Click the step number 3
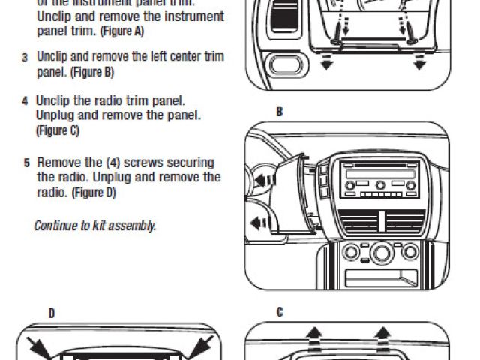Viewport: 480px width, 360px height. click(25, 58)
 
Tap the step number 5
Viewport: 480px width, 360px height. click(26, 163)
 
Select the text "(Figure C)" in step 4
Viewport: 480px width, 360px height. click(58, 131)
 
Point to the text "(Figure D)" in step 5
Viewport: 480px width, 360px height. click(94, 193)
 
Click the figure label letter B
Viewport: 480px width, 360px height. click(280, 112)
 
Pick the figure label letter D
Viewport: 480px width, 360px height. click(51, 313)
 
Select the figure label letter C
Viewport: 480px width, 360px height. click(280, 313)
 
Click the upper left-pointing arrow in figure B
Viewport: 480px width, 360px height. click(262, 180)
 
